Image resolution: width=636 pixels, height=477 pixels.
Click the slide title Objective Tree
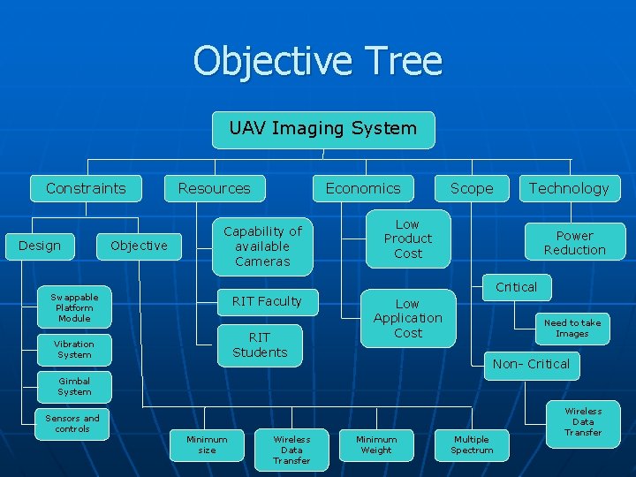pos(318,62)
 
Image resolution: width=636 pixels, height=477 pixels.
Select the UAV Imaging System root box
pos(322,129)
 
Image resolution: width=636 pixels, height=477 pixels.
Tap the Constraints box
pos(86,188)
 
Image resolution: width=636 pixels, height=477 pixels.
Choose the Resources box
pos(214,188)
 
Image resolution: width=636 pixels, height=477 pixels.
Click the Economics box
pos(362,188)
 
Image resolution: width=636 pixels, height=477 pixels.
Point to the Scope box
pos(472,188)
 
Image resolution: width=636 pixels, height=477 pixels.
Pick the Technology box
pos(569,188)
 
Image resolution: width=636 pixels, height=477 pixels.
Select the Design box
pos(40,246)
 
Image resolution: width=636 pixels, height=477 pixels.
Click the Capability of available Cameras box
pos(262,246)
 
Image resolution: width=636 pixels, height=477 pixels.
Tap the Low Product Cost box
pos(408,238)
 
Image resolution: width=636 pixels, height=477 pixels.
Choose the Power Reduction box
pos(574,243)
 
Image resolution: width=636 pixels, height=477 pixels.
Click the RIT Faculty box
pos(266,301)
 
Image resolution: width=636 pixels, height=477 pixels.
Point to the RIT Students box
pos(260,344)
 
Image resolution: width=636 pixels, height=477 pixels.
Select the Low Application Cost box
pos(407,318)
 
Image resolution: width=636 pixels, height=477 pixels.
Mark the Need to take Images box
pos(572,329)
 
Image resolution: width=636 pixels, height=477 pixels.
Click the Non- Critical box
pos(531,364)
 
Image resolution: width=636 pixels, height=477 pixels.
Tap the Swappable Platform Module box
pos(74,307)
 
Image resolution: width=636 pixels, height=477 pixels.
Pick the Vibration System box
pos(74,350)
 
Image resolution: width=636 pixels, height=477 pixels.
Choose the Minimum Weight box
pos(376,444)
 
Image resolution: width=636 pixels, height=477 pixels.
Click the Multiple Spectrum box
pos(472,444)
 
